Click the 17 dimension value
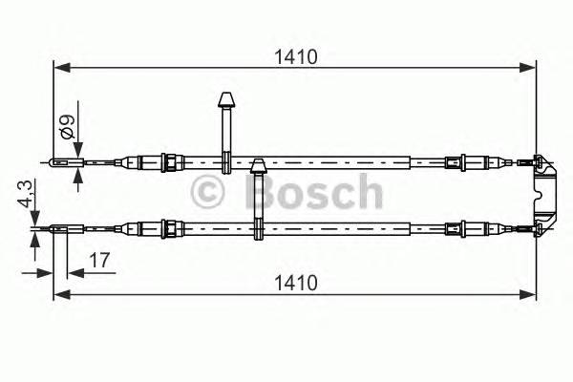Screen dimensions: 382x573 97,259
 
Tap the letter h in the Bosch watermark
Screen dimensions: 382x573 366,192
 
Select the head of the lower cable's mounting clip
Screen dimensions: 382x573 257,168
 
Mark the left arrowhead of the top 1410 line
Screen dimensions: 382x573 58,68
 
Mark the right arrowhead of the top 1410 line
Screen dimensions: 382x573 531,68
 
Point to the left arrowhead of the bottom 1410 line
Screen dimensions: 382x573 58,294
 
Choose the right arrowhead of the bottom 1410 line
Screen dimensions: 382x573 531,294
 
